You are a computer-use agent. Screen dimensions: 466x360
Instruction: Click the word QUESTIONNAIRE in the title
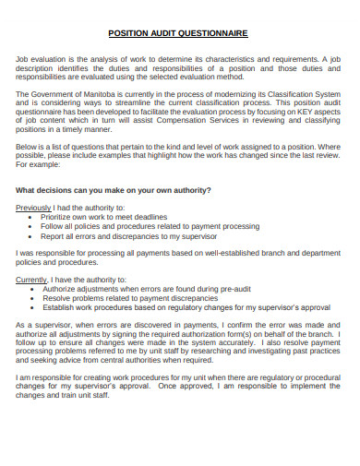(213, 32)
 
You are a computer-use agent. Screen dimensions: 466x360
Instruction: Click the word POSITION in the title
(129, 32)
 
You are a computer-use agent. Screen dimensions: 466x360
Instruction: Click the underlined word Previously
(34, 208)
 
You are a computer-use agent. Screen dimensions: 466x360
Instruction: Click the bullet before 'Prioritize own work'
(33, 217)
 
